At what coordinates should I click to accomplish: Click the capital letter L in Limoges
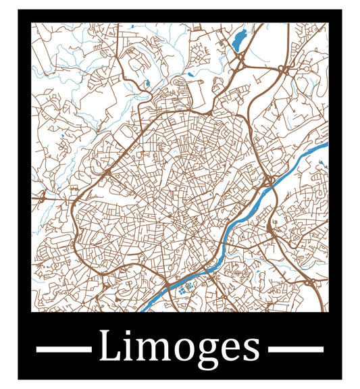point(109,347)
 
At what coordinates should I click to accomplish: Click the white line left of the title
point(63,349)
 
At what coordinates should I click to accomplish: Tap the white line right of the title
point(296,349)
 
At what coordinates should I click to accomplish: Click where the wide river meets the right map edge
point(326,145)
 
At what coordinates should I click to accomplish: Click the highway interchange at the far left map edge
point(42,198)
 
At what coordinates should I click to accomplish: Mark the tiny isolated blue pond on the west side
point(61,139)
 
